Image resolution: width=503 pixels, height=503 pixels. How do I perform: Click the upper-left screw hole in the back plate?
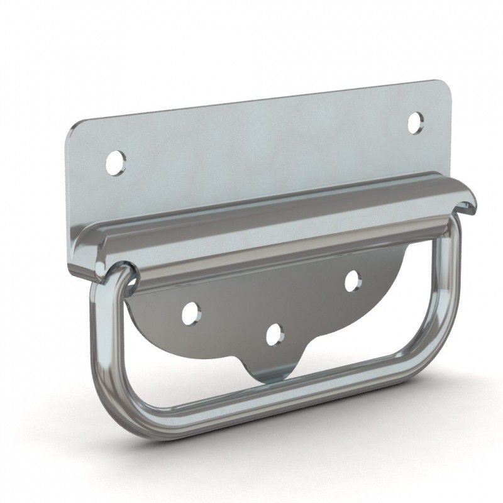pyautogui.click(x=116, y=163)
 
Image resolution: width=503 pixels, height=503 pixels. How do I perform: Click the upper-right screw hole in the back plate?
pyautogui.click(x=415, y=123)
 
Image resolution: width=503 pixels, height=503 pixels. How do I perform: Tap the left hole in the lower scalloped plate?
pyautogui.click(x=191, y=312)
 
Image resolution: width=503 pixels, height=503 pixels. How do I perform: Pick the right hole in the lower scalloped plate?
pyautogui.click(x=352, y=281)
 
